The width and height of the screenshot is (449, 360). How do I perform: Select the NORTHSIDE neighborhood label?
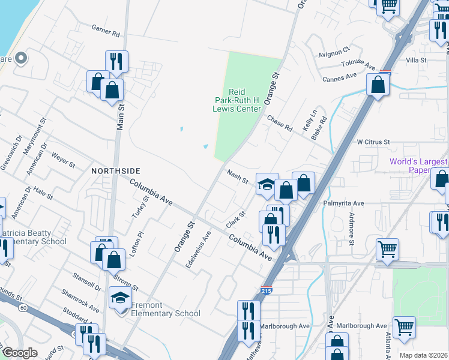(x=111, y=171)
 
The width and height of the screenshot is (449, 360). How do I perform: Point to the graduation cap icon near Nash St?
(x=266, y=184)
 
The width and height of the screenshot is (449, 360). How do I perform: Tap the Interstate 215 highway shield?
(x=265, y=290)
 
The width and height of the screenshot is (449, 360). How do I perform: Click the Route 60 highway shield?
(x=22, y=308)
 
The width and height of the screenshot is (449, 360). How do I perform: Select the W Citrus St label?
(x=373, y=142)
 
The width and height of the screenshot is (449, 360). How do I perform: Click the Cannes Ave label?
(x=339, y=78)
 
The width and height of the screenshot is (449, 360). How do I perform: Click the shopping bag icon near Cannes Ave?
(x=378, y=85)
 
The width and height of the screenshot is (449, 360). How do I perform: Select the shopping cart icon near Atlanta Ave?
(x=404, y=328)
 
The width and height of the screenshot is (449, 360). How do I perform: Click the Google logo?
(x=20, y=353)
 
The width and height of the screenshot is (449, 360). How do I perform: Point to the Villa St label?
(x=416, y=61)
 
